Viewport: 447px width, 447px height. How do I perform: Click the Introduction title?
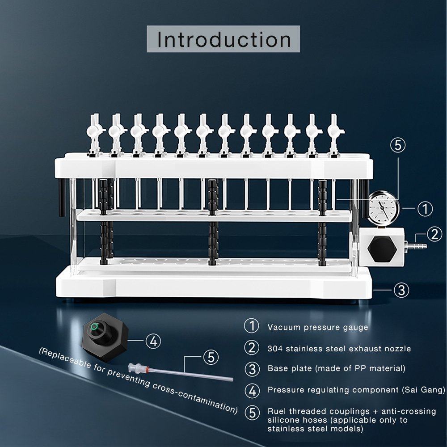224,39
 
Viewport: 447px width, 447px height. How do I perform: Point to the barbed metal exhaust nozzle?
416,245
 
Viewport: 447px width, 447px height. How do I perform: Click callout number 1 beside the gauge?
425,208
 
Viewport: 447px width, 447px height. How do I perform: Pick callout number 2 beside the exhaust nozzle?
435,234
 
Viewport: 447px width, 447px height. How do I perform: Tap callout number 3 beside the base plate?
401,290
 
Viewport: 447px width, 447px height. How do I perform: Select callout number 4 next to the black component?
153,341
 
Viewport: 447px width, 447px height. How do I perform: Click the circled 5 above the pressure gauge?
398,145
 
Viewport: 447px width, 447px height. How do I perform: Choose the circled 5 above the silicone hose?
211,357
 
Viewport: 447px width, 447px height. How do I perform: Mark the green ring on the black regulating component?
94,327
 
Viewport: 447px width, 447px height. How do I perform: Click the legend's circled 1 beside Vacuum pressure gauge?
251,326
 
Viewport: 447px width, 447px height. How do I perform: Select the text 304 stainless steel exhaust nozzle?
339,348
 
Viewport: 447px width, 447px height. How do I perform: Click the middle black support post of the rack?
213,222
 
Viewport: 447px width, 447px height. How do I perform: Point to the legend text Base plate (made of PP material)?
337,368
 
